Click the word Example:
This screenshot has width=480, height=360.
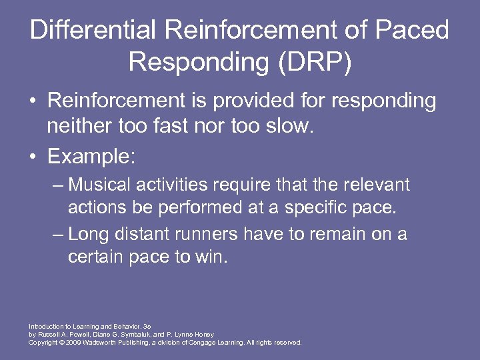[x=91, y=157]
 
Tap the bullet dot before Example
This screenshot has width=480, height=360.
[x=33, y=157]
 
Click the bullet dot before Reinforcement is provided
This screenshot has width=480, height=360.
[x=33, y=102]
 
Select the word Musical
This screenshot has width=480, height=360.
[x=99, y=185]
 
